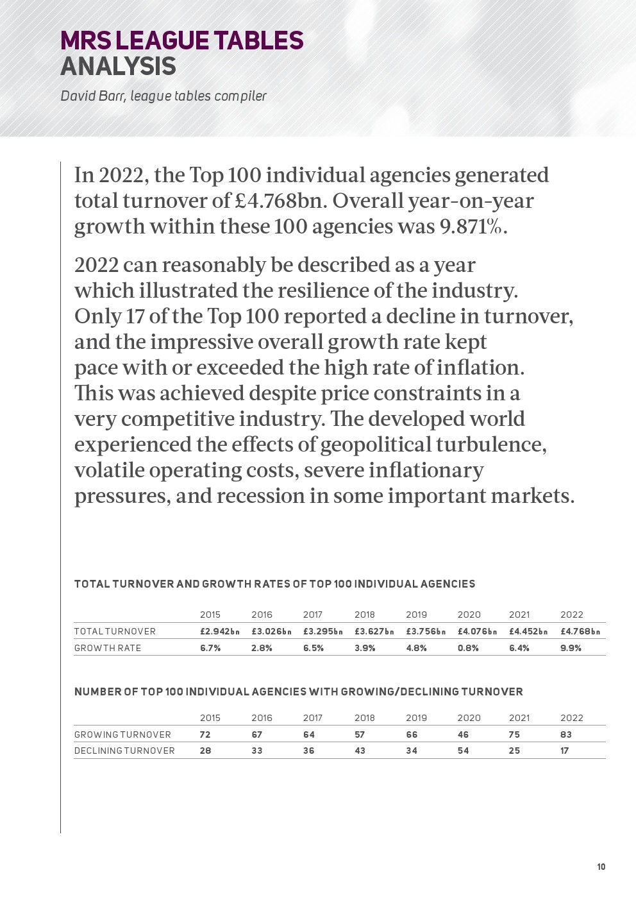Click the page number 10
pos(601,867)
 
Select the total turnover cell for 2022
pos(580,631)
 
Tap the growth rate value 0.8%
pos(468,648)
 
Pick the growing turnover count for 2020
pos(463,734)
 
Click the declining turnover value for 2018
pos(360,751)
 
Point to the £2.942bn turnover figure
pos(219,631)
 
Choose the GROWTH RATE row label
pos(108,648)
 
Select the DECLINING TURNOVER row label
pos(124,751)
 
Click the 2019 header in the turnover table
pos(416,615)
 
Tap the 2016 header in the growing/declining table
pos(262,718)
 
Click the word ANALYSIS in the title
pos(118,66)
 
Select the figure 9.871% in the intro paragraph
pos(473,226)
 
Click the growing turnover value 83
pos(565,734)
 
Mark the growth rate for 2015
pos(210,648)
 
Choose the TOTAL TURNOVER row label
pos(115,631)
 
